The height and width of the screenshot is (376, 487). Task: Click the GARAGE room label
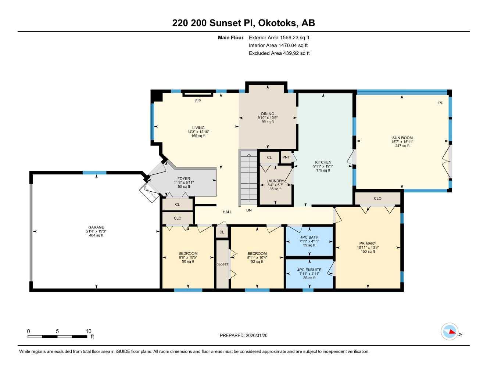(96, 227)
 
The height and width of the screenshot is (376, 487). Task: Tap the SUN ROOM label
(402, 138)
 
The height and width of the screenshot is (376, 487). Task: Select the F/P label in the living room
(198, 101)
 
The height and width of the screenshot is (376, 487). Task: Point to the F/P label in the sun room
(440, 103)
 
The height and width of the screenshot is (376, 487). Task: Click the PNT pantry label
(286, 157)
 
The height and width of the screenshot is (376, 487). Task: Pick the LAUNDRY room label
(275, 181)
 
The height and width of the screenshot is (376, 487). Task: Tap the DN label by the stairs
(249, 210)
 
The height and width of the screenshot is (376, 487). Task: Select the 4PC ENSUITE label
(309, 270)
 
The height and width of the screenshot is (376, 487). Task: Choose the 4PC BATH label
(309, 238)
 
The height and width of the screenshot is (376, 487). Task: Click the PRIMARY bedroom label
(368, 243)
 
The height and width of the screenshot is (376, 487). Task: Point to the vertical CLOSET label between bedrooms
(222, 264)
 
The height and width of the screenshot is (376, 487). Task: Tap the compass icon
(449, 332)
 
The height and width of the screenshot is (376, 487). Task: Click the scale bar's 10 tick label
(89, 331)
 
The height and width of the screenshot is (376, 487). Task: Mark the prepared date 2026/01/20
(259, 335)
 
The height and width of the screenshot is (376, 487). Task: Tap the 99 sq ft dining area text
(268, 122)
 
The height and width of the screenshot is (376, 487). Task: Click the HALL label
(227, 212)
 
